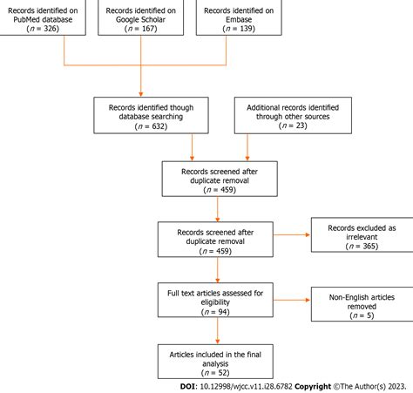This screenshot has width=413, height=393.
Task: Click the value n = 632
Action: coord(146,125)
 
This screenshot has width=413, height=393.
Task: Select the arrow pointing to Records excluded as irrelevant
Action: coord(288,234)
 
